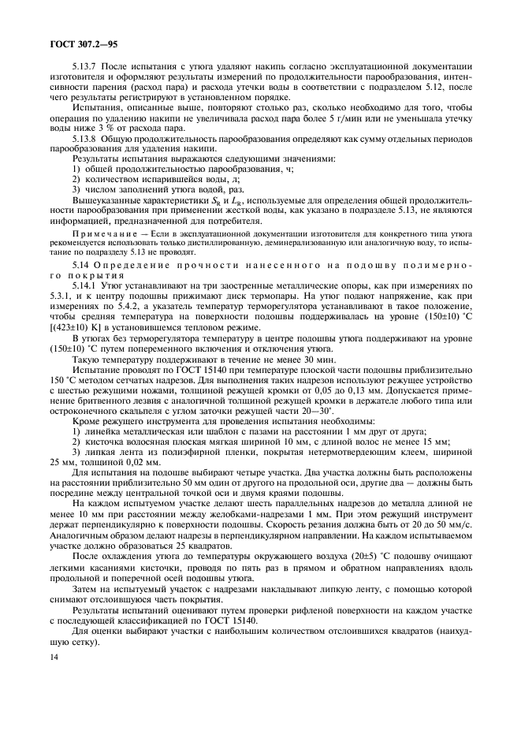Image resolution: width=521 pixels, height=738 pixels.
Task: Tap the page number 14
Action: [54, 701]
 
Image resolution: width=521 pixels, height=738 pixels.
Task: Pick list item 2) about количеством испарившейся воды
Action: [136, 178]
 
